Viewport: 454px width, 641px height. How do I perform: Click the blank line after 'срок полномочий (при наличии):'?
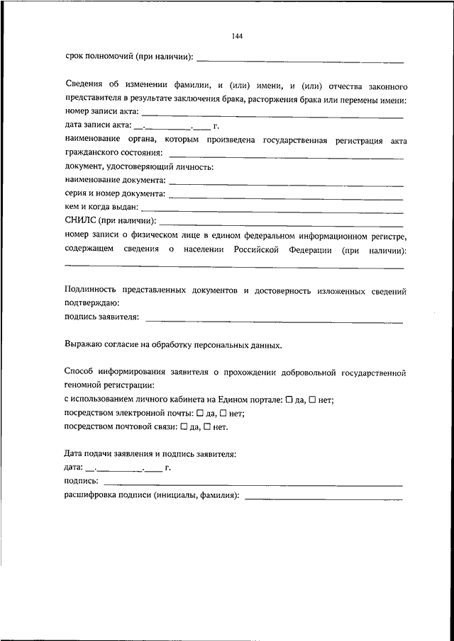[300, 59]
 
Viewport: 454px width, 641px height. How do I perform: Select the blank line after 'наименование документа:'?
[287, 183]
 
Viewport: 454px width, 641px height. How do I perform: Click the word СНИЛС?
[77, 222]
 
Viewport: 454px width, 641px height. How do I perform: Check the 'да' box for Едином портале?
[289, 400]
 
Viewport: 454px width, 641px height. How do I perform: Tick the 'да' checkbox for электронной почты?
[199, 414]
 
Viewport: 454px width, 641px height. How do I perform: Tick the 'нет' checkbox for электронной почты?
[223, 414]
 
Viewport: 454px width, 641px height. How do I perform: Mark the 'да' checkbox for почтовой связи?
[184, 427]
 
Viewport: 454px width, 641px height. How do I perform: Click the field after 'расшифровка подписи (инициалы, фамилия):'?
[323, 498]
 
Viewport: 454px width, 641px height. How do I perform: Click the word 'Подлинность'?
[89, 290]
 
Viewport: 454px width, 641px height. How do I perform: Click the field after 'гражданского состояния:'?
[287, 156]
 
